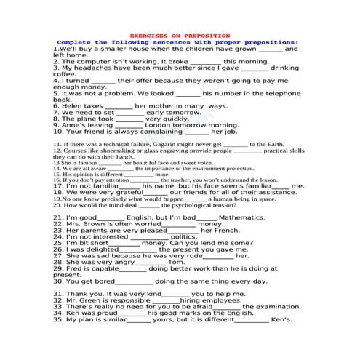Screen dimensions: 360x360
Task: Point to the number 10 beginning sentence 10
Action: point(58,132)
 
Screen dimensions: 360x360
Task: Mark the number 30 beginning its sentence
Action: point(58,281)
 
